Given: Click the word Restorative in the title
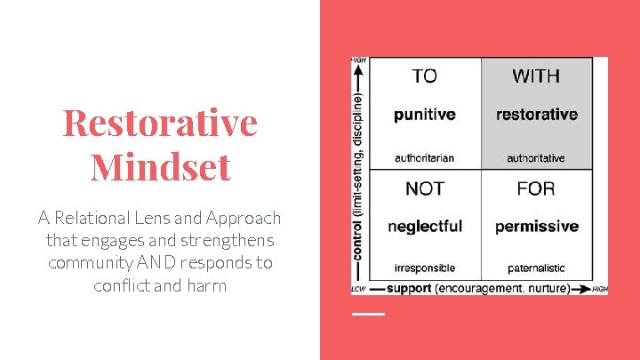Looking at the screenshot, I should click(x=160, y=123).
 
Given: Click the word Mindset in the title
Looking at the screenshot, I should click(x=160, y=165).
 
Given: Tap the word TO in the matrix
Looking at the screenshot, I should click(x=425, y=76).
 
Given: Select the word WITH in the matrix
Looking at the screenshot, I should click(x=536, y=76).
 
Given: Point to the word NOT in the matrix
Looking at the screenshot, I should click(x=425, y=188).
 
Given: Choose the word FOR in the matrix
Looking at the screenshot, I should click(x=536, y=188).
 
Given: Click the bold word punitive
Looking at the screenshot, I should click(x=425, y=115).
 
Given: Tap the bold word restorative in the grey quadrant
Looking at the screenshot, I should click(x=536, y=115).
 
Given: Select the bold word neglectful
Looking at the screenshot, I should click(x=425, y=227).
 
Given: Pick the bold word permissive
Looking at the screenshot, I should click(x=536, y=227).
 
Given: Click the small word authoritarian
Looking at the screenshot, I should click(x=425, y=158).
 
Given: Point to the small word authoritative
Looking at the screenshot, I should click(x=536, y=158).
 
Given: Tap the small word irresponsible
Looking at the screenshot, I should click(x=425, y=268).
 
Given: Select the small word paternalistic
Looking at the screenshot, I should click(x=536, y=268).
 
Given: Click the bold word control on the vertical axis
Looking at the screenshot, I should click(x=358, y=239).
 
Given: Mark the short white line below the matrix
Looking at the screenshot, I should click(x=368, y=314).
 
